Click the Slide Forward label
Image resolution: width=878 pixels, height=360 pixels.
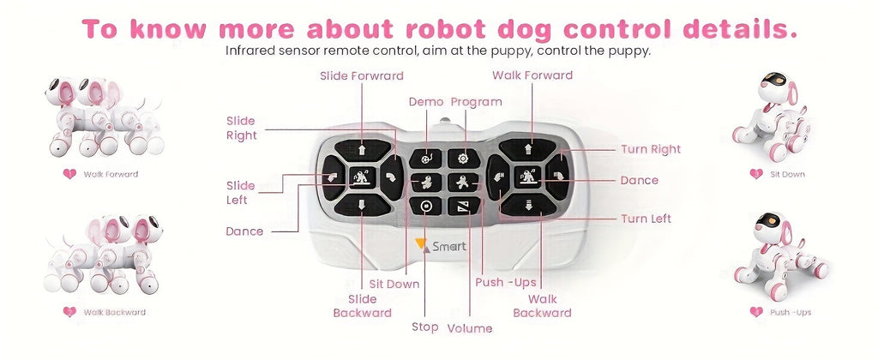tap(361, 75)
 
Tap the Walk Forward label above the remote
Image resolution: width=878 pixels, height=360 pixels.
tap(532, 75)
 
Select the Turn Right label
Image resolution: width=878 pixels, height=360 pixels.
tap(651, 149)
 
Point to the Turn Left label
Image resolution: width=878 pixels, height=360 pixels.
tap(646, 219)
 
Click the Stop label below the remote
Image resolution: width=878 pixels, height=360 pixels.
tap(424, 327)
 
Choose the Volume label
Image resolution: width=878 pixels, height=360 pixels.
tap(470, 328)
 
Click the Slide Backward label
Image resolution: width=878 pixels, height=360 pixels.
tap(362, 306)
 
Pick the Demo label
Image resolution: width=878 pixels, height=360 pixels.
tap(426, 101)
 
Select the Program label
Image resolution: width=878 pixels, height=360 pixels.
tap(476, 101)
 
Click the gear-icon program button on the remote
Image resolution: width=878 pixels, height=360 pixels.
tap(463, 158)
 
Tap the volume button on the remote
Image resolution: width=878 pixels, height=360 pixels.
tap(463, 206)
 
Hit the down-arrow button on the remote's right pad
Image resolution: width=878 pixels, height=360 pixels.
tap(529, 205)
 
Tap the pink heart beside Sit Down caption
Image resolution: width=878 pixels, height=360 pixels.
tap(755, 174)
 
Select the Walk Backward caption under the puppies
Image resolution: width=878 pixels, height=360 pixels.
tap(114, 312)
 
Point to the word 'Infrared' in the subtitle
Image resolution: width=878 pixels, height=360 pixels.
tap(250, 51)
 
